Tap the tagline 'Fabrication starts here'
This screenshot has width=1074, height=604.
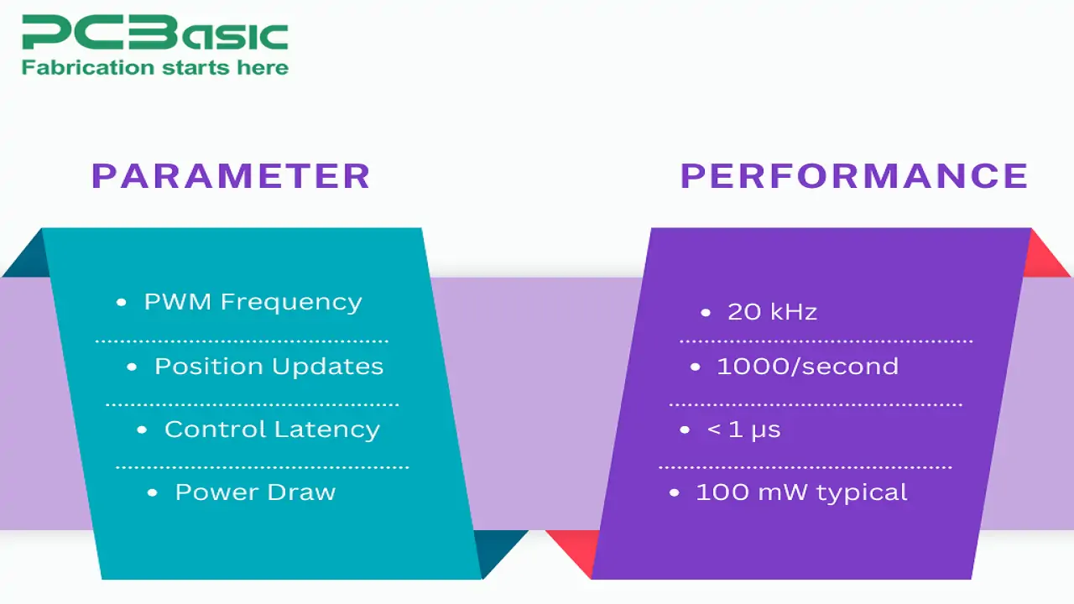(155, 68)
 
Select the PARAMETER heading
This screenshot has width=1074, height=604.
(231, 176)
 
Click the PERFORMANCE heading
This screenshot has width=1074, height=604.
(854, 176)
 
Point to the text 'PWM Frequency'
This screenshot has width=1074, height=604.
(253, 302)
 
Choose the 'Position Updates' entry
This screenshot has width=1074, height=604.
(268, 367)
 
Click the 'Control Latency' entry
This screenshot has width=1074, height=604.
(272, 430)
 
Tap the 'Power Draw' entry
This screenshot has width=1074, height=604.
(255, 492)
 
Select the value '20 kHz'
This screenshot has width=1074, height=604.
(772, 312)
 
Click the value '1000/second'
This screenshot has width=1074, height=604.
(807, 367)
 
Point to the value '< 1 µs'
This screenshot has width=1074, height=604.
(743, 430)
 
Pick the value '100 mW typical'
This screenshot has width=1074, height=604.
(801, 492)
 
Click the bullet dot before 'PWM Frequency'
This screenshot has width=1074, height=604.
(122, 303)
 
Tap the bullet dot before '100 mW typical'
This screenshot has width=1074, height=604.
(674, 493)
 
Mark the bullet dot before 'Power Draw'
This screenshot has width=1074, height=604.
(152, 493)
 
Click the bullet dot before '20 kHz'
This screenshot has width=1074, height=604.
(706, 313)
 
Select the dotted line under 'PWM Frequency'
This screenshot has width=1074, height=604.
(242, 341)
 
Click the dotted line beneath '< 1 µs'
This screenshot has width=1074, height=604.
(805, 467)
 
